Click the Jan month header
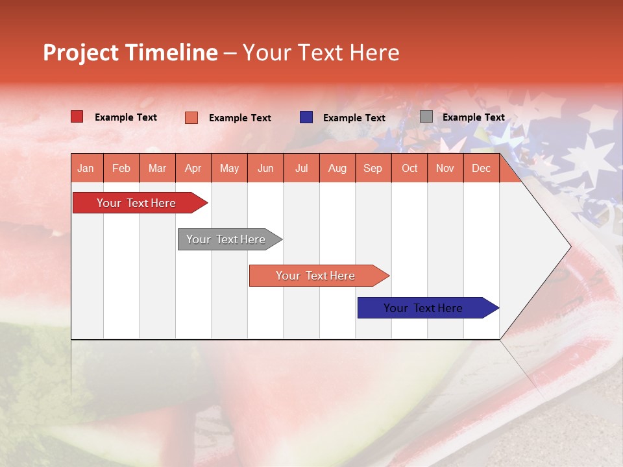pyautogui.click(x=86, y=168)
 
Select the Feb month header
pyautogui.click(x=121, y=168)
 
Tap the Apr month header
pyautogui.click(x=193, y=168)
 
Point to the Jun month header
pyautogui.click(x=265, y=168)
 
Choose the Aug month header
pyautogui.click(x=337, y=168)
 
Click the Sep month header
pyautogui.click(x=373, y=168)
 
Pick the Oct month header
pyautogui.click(x=409, y=168)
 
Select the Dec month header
pyautogui.click(x=481, y=168)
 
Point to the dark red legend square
pyautogui.click(x=77, y=117)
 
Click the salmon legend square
pyautogui.click(x=191, y=117)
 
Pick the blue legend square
pyautogui.click(x=306, y=117)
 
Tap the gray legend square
pyautogui.click(x=426, y=117)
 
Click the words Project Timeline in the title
pyautogui.click(x=130, y=53)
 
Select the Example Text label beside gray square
pyautogui.click(x=473, y=117)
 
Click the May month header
pyautogui.click(x=229, y=168)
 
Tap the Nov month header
pyautogui.click(x=445, y=168)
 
